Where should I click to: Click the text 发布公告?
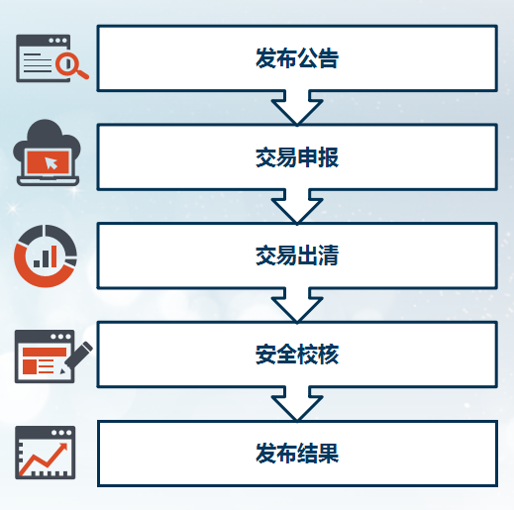[x=297, y=58]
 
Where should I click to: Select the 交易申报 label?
[x=297, y=157]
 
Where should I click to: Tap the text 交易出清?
[x=297, y=255]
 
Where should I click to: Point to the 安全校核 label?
[x=297, y=355]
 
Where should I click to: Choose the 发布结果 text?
[x=297, y=454]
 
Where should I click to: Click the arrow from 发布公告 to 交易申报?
[x=297, y=107]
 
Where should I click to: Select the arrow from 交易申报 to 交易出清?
[x=297, y=206]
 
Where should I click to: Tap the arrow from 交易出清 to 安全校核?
[x=297, y=305]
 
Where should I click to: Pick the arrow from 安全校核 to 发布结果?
[x=297, y=403]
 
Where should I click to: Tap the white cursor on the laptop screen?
[x=51, y=162]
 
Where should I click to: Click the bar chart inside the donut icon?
[x=46, y=256]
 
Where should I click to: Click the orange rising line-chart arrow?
[x=43, y=459]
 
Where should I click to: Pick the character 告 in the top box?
[x=328, y=58]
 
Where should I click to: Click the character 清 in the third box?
[x=328, y=255]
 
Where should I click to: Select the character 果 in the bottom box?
[x=328, y=454]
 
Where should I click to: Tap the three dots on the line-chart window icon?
[x=61, y=433]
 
